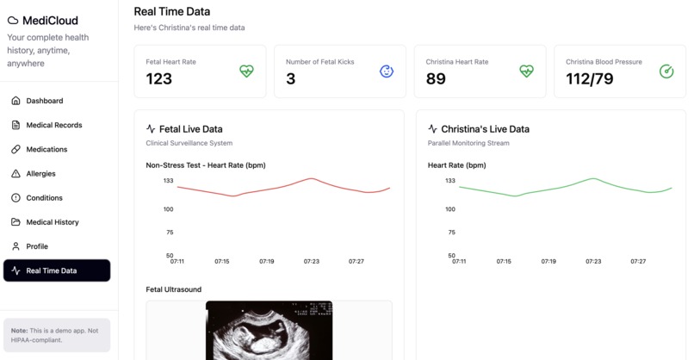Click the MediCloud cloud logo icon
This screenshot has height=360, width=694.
coord(13,20)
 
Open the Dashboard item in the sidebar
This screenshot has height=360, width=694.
coord(44,101)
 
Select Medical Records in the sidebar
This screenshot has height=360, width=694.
coord(53,125)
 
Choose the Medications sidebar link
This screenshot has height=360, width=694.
coord(46,149)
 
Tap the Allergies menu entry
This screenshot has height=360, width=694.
coord(40,173)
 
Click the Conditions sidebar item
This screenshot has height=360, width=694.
coord(44,198)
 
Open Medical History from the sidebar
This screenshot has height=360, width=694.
coord(52,222)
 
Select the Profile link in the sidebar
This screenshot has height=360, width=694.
coord(37,246)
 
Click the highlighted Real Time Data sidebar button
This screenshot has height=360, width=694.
coord(57,270)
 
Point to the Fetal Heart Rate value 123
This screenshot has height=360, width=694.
coord(159,79)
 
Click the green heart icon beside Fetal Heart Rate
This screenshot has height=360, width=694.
coord(246,71)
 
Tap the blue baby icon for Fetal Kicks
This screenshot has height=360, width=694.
coord(387,71)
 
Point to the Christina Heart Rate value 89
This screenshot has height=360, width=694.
coord(436,79)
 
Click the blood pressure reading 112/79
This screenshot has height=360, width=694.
coord(590,79)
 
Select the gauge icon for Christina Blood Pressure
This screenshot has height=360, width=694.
coord(666,71)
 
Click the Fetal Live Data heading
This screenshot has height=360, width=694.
coord(191,129)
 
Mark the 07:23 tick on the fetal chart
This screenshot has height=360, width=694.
coord(312,261)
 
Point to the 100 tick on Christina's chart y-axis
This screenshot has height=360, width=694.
coord(450,209)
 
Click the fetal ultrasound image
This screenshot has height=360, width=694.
coord(270,330)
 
